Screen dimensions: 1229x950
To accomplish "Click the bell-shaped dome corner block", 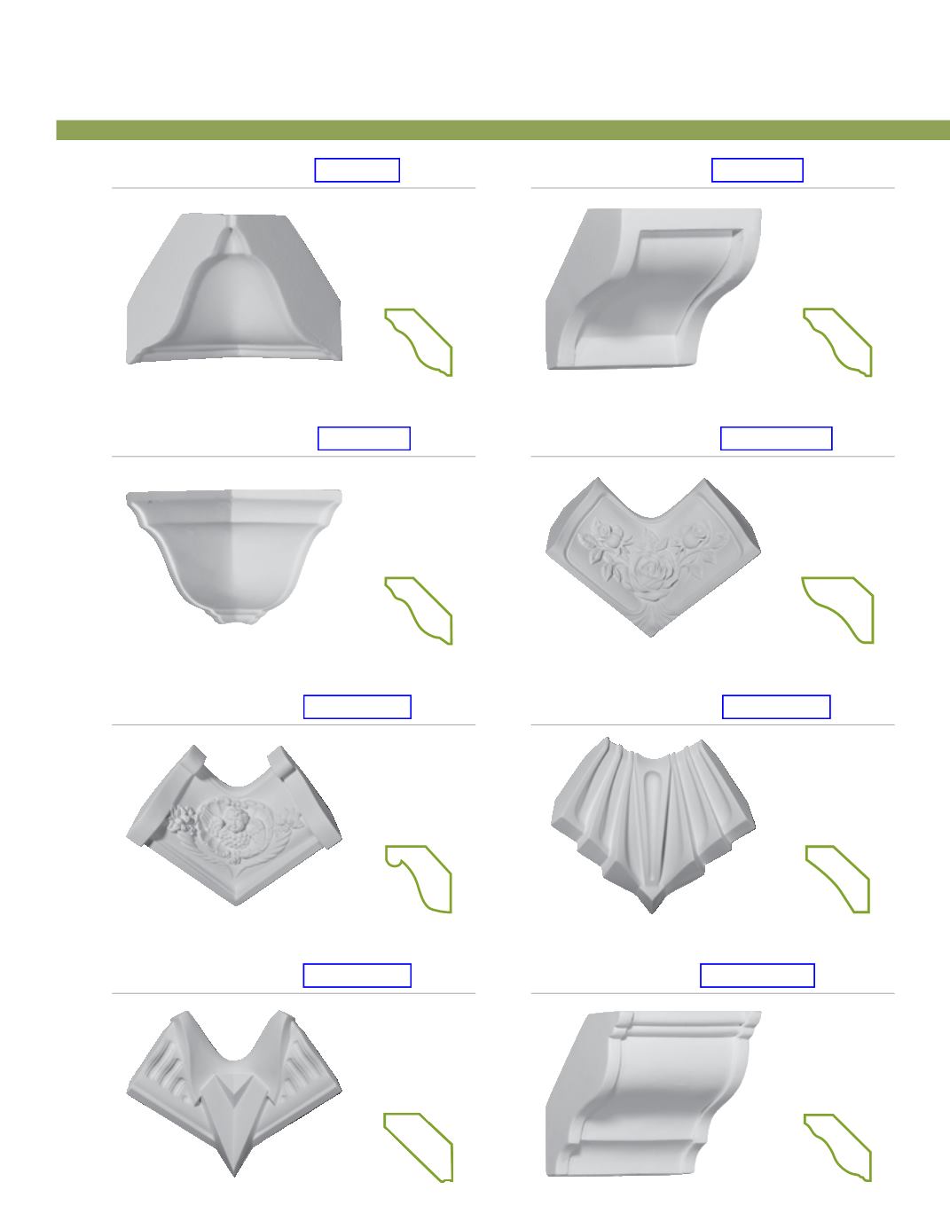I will click(234, 289).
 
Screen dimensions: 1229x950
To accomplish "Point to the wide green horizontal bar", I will click(502, 130).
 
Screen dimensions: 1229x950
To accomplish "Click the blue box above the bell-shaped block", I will click(357, 170).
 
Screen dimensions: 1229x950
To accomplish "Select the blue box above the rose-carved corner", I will click(776, 438).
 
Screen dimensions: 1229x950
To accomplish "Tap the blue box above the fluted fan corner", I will click(776, 707).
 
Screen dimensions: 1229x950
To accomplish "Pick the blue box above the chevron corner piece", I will click(357, 975).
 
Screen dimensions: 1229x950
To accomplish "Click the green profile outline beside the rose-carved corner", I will click(839, 609).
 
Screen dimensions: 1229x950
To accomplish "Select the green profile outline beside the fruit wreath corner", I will click(420, 878).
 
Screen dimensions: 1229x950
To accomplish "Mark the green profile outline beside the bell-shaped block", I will click(420, 341).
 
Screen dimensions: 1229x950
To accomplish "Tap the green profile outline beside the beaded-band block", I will click(839, 1147).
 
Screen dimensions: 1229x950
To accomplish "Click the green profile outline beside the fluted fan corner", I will click(839, 879).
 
